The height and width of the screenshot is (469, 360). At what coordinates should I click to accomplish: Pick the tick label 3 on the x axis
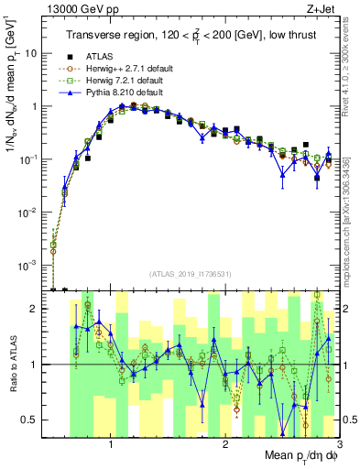click(x=338, y=444)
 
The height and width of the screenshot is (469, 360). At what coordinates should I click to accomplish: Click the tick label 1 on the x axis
click(x=111, y=444)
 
